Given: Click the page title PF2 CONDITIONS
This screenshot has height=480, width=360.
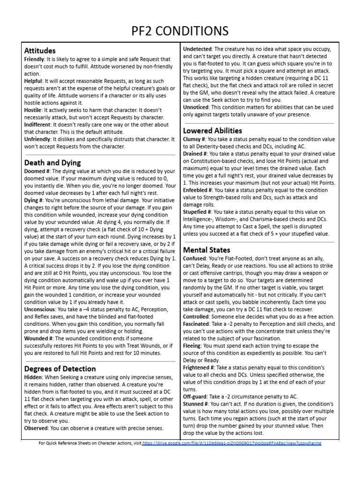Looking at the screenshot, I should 180,30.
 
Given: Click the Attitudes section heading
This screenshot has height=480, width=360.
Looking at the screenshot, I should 40,50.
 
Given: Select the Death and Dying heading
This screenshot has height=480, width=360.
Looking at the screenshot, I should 52,163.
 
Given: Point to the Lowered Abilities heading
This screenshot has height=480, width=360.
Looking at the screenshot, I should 212,130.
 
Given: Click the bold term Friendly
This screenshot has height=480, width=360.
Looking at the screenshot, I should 34,60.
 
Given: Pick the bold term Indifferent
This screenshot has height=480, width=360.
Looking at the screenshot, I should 38,124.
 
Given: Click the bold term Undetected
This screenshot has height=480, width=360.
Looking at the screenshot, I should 197,49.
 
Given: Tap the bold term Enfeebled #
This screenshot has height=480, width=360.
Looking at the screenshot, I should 199,190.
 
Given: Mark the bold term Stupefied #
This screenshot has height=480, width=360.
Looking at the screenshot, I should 198,211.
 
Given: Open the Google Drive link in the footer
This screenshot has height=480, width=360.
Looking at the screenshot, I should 232,443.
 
